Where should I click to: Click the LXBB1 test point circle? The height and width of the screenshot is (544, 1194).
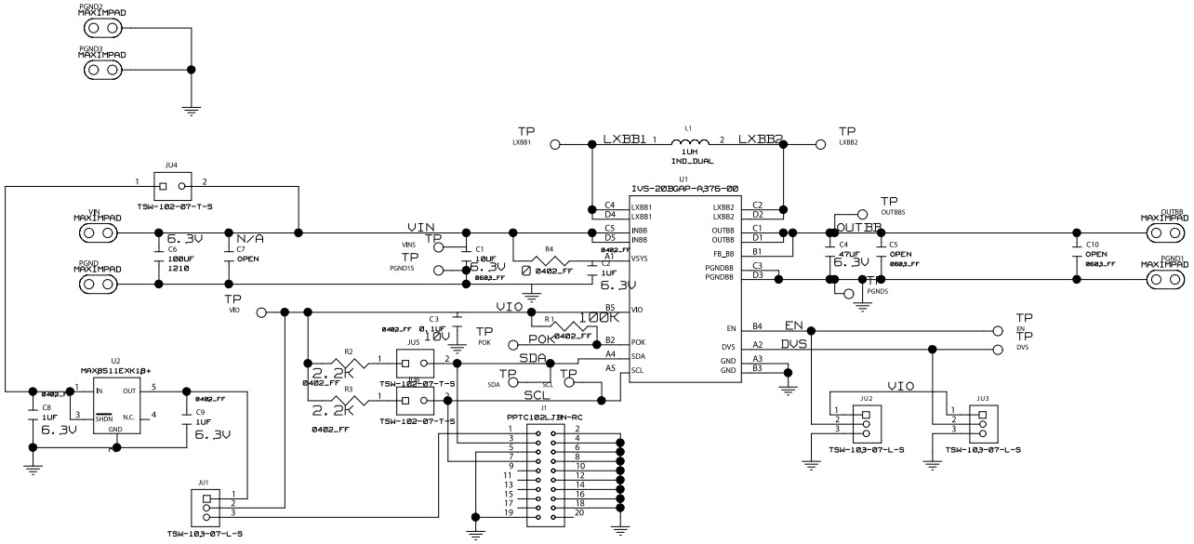pyautogui.click(x=555, y=145)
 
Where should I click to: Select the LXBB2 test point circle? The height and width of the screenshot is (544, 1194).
pyautogui.click(x=820, y=145)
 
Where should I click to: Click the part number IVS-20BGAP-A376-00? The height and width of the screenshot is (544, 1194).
pyautogui.click(x=684, y=188)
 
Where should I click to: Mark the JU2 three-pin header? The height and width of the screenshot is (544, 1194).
pyautogui.click(x=866, y=422)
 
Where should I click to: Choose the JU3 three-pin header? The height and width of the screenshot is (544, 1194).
pyautogui.click(x=982, y=422)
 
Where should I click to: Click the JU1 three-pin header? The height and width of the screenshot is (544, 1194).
pyautogui.click(x=206, y=510)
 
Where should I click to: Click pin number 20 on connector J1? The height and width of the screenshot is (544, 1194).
pyautogui.click(x=579, y=512)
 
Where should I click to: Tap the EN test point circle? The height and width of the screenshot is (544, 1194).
pyautogui.click(x=997, y=329)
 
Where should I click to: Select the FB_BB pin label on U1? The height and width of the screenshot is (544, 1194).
pyautogui.click(x=724, y=251)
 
